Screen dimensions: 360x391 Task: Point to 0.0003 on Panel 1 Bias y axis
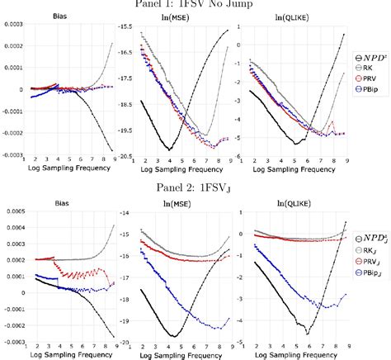[x=11, y=28]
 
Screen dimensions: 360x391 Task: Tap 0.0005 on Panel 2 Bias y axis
[x=11, y=213]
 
